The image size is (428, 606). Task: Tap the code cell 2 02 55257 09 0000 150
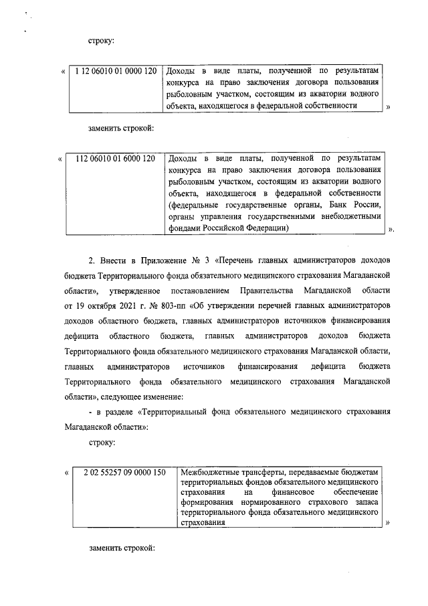[x=124, y=473]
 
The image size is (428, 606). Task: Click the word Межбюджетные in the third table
[x=207, y=473]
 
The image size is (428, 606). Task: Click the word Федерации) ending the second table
[x=265, y=228]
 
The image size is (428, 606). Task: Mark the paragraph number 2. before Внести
[x=93, y=258]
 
